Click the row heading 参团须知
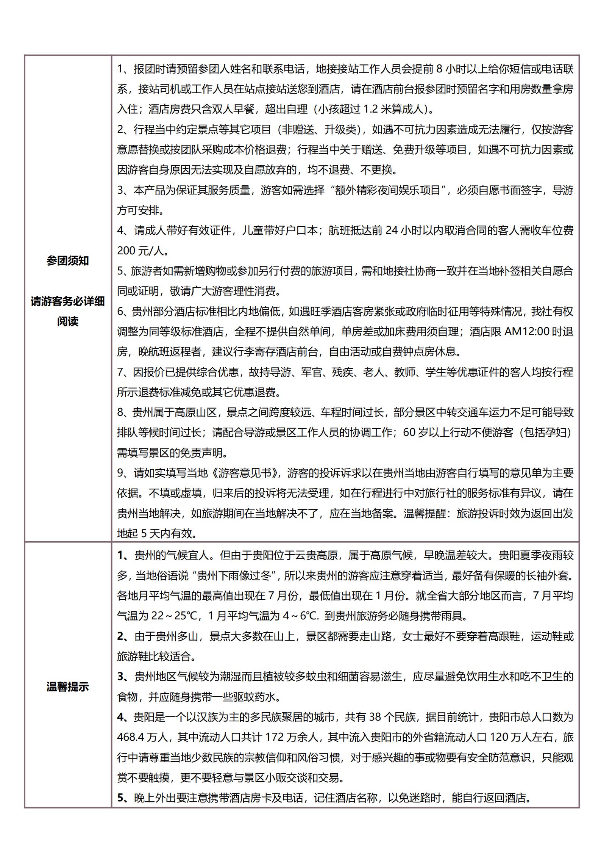(x=67, y=261)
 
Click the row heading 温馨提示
(x=67, y=686)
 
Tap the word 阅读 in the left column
(x=67, y=321)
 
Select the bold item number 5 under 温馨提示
(x=121, y=798)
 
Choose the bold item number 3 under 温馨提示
(x=121, y=677)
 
